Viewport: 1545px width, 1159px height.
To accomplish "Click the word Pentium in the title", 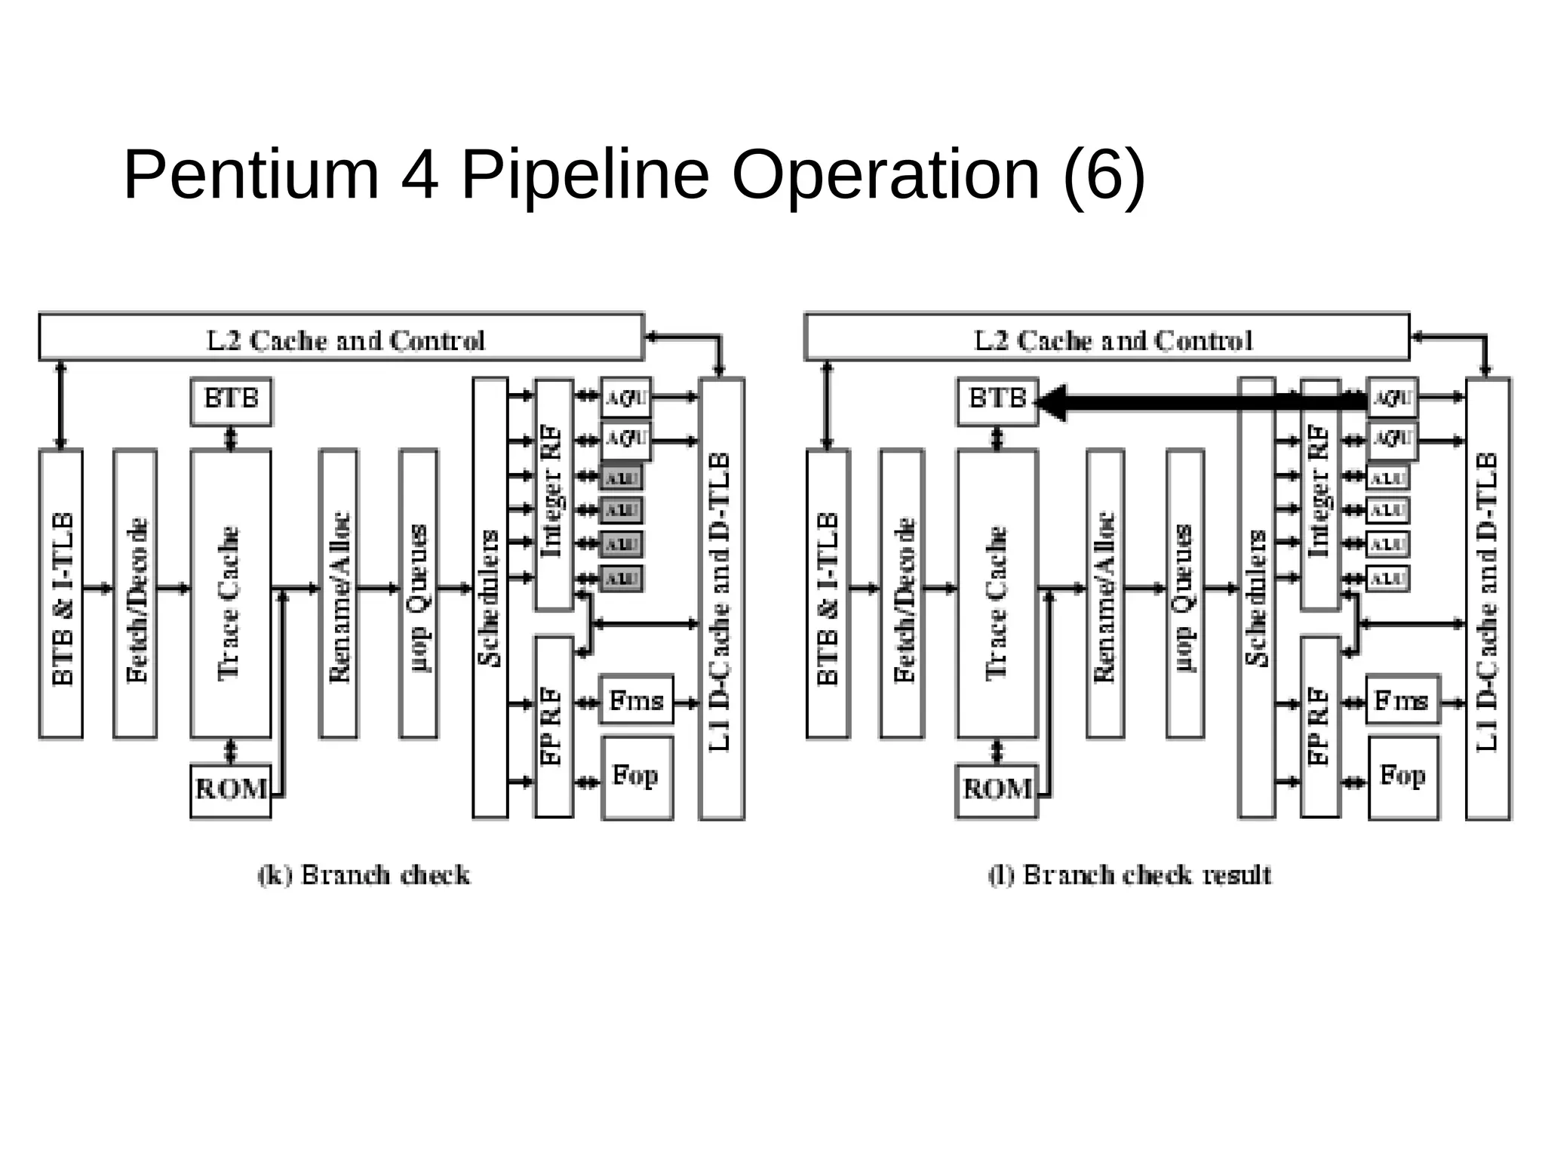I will pyautogui.click(x=251, y=175).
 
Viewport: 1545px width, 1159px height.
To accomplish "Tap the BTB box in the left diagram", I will pyautogui.click(x=231, y=401).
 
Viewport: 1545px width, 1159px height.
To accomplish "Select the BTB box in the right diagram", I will pyautogui.click(x=997, y=401).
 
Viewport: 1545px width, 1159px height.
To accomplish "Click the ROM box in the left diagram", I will pyautogui.click(x=231, y=790).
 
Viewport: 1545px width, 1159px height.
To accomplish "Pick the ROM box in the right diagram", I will pyautogui.click(x=997, y=790).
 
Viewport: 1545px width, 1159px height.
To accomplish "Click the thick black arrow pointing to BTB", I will pyautogui.click(x=1207, y=402).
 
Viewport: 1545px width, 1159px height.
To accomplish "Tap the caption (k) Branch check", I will pyautogui.click(x=364, y=875).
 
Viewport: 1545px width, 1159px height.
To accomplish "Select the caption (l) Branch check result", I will pyautogui.click(x=1129, y=875).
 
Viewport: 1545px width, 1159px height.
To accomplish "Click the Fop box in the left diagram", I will pyautogui.click(x=637, y=777).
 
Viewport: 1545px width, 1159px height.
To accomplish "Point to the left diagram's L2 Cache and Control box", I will pyautogui.click(x=341, y=337).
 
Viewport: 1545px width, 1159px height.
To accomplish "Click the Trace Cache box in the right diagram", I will pyautogui.click(x=997, y=594).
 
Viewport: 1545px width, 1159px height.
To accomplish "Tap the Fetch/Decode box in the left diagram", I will pyautogui.click(x=135, y=594).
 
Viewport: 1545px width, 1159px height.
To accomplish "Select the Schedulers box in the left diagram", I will pyautogui.click(x=490, y=598).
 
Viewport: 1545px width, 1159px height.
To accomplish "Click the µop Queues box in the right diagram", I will pyautogui.click(x=1184, y=594).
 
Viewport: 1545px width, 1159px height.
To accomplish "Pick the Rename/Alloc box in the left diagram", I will pyautogui.click(x=338, y=594).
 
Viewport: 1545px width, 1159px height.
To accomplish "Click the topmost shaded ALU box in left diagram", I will pyautogui.click(x=622, y=478).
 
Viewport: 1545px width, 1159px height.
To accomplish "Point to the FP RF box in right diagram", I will pyautogui.click(x=1319, y=726).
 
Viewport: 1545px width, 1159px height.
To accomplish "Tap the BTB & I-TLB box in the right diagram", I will pyautogui.click(x=828, y=594).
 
